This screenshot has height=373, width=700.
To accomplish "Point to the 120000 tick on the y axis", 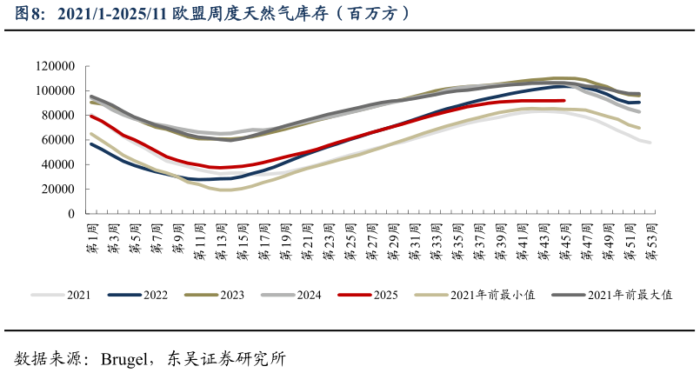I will (56, 66).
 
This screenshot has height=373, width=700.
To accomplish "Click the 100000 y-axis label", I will (56, 90).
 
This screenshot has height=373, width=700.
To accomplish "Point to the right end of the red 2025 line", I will (564, 101).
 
